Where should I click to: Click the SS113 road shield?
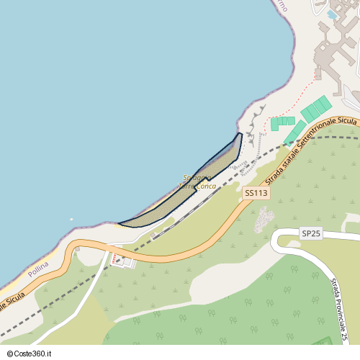pyautogui.click(x=256, y=193)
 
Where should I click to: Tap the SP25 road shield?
pyautogui.click(x=310, y=234)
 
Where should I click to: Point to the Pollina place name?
pyautogui.click(x=38, y=272)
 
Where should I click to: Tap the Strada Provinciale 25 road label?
pyautogui.click(x=339, y=309)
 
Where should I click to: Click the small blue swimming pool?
pyautogui.click(x=332, y=14)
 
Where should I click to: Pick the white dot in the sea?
pyautogui.click(x=71, y=220)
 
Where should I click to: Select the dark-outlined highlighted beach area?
pyautogui.click(x=187, y=194)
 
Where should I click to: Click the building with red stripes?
pyautogui.click(x=121, y=260)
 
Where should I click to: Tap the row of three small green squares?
pyautogui.click(x=283, y=121)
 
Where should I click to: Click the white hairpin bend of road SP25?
pyautogui.click(x=276, y=241)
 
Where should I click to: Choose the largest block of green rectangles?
pyautogui.click(x=316, y=109)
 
